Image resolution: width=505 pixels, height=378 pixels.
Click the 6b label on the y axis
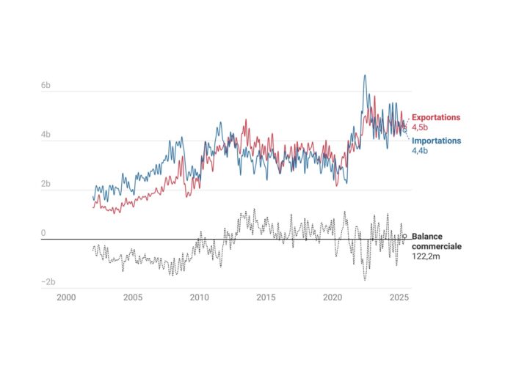(46, 86)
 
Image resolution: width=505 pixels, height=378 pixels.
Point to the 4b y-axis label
(46, 135)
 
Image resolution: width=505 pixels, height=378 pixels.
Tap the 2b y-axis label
(46, 184)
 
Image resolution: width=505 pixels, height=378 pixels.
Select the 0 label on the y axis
(43, 233)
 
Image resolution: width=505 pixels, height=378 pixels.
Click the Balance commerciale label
(437, 242)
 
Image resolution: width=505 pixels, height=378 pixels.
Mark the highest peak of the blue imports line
(365, 75)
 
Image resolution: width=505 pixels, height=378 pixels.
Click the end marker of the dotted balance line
(404, 237)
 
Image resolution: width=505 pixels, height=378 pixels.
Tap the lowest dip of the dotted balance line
(365, 280)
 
